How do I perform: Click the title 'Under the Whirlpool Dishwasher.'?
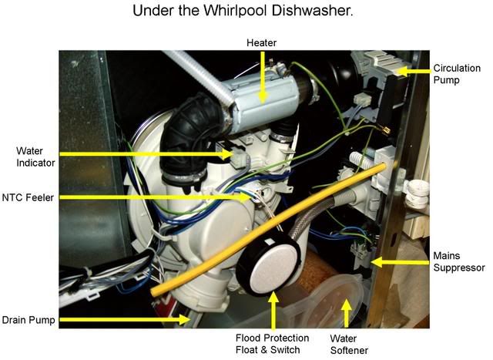click(x=243, y=10)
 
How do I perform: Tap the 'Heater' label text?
click(x=261, y=42)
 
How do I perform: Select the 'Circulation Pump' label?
click(x=457, y=74)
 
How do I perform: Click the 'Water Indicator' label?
click(x=35, y=156)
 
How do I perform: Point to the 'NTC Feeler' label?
click(x=28, y=197)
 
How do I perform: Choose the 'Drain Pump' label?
click(x=29, y=320)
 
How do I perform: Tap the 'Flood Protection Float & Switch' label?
click(x=272, y=344)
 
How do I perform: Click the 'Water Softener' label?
click(x=349, y=345)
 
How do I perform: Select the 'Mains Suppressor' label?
click(x=459, y=261)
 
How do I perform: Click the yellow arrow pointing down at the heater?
click(x=262, y=77)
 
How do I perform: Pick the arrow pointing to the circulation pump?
click(x=411, y=71)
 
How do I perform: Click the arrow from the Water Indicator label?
click(x=146, y=154)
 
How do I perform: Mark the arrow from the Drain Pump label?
click(x=125, y=319)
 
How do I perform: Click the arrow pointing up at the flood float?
click(x=273, y=311)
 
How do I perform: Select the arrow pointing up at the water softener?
click(x=346, y=314)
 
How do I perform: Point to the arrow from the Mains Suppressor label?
click(x=401, y=262)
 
